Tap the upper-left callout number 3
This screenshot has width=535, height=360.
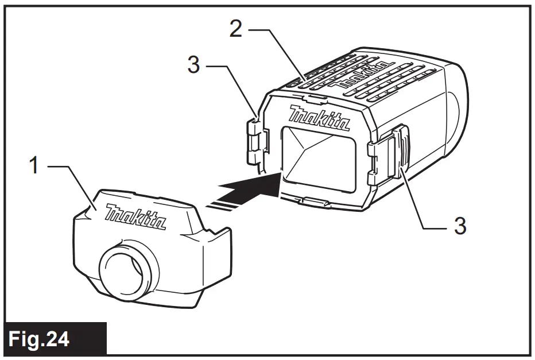tap(194, 65)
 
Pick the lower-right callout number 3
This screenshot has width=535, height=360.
tap(459, 226)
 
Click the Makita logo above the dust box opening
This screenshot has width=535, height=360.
tap(320, 118)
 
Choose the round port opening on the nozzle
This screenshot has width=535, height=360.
tap(127, 269)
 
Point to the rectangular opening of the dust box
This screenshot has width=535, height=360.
tap(318, 158)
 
